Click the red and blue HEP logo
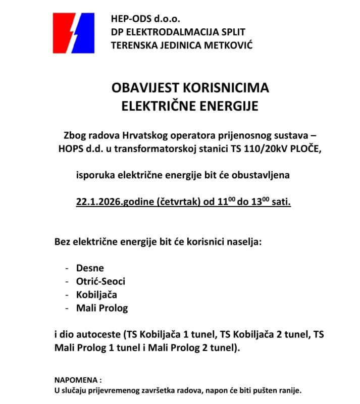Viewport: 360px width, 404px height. (74, 33)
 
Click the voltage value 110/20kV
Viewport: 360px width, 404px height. (256, 149)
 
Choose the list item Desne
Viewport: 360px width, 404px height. (90, 268)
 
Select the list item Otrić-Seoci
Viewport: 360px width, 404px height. (100, 281)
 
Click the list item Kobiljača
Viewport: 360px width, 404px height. (96, 294)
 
